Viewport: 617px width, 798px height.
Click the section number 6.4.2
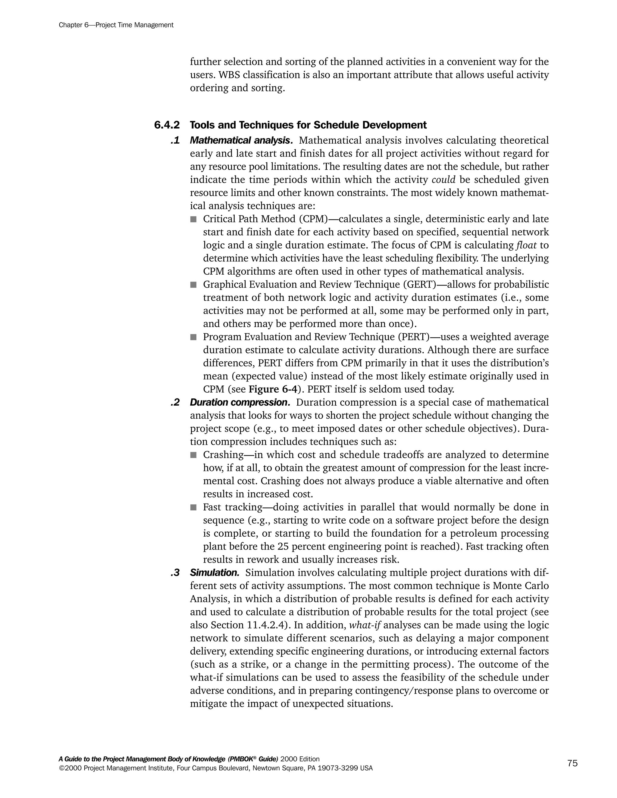click(x=167, y=125)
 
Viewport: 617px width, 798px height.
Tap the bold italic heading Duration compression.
click(x=240, y=402)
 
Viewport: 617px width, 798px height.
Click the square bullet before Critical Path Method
click(x=193, y=219)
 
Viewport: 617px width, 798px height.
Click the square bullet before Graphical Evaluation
click(x=193, y=285)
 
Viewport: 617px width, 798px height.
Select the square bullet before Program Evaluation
click(x=193, y=337)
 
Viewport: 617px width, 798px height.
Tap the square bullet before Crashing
click(x=193, y=455)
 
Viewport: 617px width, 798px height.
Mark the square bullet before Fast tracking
click(x=193, y=507)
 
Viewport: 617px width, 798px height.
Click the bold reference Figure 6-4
click(x=273, y=389)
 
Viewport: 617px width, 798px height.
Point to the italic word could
click(x=443, y=180)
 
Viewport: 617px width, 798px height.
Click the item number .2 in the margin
click(x=175, y=402)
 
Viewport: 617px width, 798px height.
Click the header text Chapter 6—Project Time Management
click(x=116, y=25)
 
